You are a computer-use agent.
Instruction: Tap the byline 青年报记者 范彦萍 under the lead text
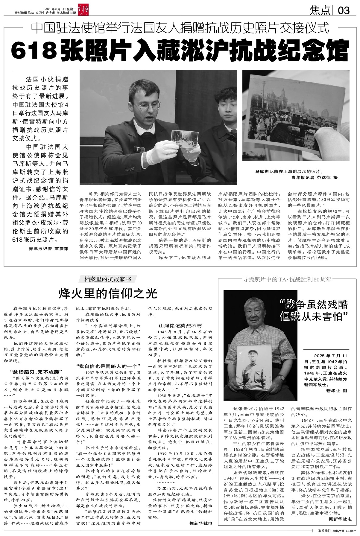coord(49,249)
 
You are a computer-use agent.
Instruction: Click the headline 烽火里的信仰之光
coord(108,293)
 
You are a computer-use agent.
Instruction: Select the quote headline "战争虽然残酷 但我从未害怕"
coord(315,310)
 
